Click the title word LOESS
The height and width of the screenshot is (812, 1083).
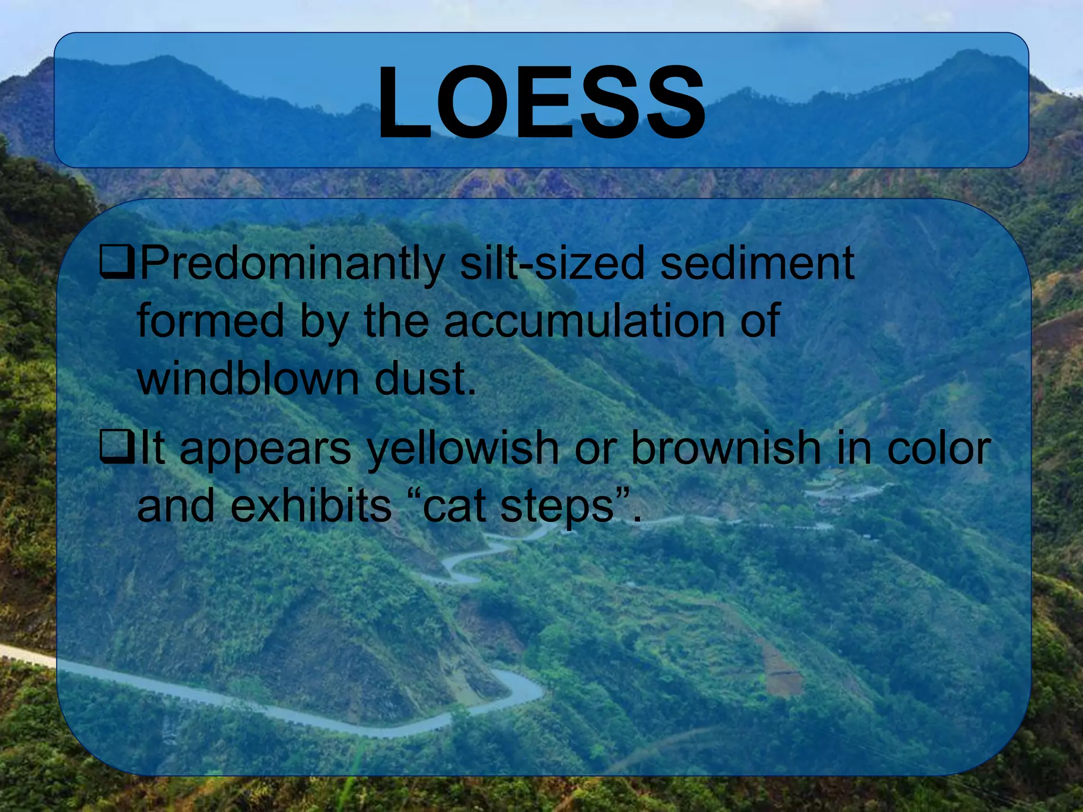pos(541,103)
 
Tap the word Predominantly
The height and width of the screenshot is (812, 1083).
pos(291,263)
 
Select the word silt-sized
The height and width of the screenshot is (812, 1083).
pos(552,263)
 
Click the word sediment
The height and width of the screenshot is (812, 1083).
pos(757,263)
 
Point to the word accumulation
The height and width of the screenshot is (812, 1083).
pos(584,320)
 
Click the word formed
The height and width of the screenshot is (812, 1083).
pos(210,320)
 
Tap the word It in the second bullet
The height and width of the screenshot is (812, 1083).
pos(152,448)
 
